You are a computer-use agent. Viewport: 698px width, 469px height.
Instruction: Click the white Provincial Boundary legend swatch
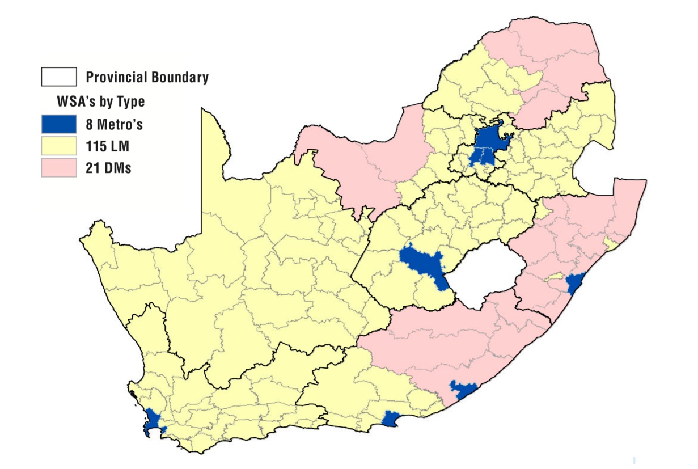[x=58, y=77]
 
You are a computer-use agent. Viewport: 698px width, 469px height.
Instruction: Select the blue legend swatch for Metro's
[x=58, y=123]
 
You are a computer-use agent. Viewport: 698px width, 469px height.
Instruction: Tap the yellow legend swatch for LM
[x=58, y=145]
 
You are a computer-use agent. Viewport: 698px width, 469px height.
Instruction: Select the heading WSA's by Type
[x=100, y=102]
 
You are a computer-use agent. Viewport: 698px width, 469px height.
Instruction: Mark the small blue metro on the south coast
[x=390, y=419]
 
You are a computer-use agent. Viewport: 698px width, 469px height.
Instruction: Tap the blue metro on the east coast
[x=576, y=281]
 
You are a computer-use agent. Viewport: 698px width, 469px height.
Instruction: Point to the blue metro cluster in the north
[x=488, y=145]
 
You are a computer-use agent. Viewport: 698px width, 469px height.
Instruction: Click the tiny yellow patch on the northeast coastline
[x=611, y=244]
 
